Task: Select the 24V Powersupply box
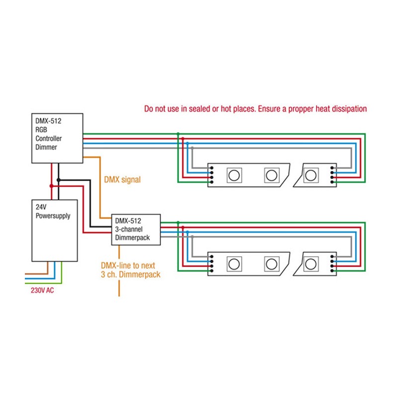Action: coord(54,230)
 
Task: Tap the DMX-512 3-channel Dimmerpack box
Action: coord(135,229)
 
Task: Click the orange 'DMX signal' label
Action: coord(122,180)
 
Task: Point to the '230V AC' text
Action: coord(39,290)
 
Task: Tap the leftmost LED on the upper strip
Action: coord(233,175)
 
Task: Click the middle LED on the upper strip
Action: coord(271,175)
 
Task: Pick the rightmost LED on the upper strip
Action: coord(311,175)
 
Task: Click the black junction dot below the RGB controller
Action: coord(59,179)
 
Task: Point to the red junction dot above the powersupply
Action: coord(51,186)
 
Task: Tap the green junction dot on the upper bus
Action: coord(178,134)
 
